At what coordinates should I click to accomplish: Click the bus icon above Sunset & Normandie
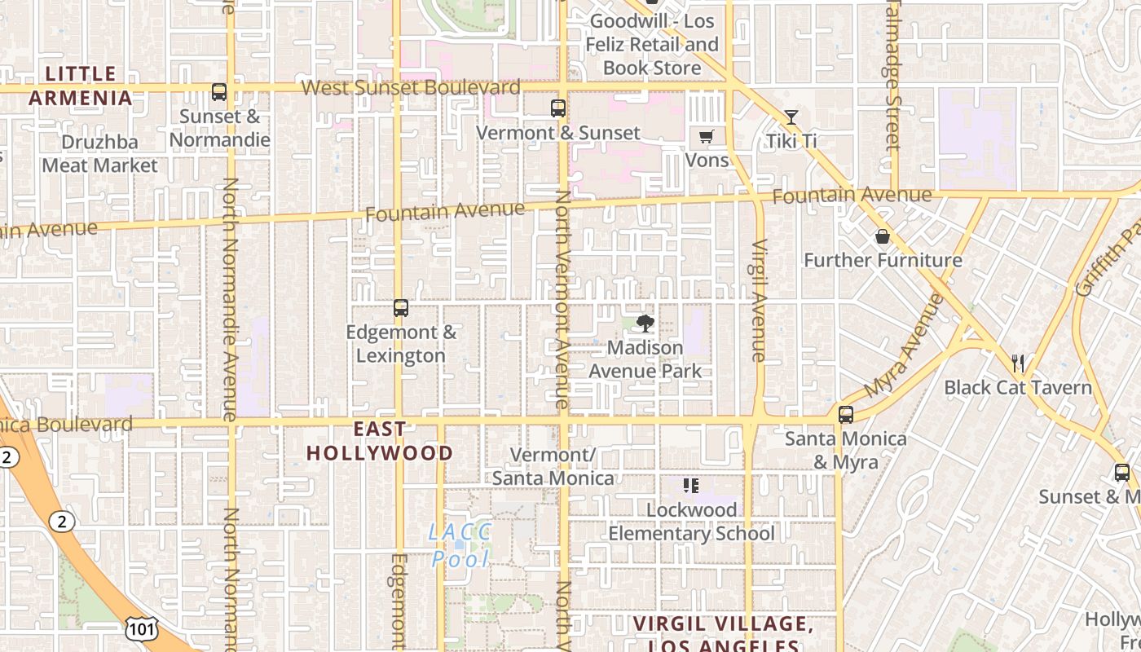coord(218,92)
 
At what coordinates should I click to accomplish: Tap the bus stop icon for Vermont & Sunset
coord(558,108)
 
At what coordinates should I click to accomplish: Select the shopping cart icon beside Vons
coord(706,137)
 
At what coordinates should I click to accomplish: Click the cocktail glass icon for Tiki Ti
coord(791,117)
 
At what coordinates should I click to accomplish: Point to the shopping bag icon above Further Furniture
coord(882,237)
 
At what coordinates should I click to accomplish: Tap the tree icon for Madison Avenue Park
coord(645,324)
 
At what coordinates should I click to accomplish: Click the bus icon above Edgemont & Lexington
coord(400,308)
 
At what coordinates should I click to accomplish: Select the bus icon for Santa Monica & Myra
coord(846,415)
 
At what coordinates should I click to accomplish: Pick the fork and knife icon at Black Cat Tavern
coord(1017,363)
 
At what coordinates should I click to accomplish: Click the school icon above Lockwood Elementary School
coord(691,487)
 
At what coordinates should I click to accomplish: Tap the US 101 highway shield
coord(141,628)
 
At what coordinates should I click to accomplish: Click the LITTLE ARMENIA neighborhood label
coord(79,86)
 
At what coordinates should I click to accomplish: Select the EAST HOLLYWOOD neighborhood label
coord(380,441)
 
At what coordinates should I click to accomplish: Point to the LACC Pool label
coord(460,545)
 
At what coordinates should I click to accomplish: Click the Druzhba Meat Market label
coord(99,154)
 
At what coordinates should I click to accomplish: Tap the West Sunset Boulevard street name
coord(411,87)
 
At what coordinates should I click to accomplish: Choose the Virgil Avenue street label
coord(759,300)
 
